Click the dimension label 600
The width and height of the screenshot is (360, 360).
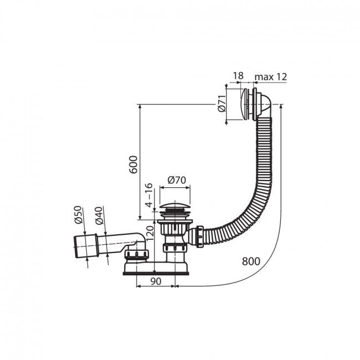click(x=133, y=164)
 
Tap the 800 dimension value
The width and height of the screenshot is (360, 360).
click(x=251, y=261)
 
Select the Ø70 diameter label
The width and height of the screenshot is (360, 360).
click(x=177, y=180)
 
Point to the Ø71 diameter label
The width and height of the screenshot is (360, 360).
click(x=222, y=103)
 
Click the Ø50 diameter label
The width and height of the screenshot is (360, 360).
click(x=78, y=215)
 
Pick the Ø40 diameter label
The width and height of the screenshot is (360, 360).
click(x=99, y=215)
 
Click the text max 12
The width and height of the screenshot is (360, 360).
click(x=271, y=76)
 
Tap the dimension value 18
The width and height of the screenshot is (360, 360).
click(x=238, y=76)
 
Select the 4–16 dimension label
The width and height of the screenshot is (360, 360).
click(x=149, y=195)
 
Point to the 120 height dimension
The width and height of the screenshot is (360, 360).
click(x=150, y=233)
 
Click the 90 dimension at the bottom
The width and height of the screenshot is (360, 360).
click(x=156, y=281)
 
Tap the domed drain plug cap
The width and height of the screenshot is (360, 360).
click(x=175, y=205)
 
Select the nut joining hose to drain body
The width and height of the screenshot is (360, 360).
click(x=200, y=236)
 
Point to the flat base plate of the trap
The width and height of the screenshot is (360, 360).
click(x=156, y=274)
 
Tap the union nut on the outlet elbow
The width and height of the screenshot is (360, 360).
click(x=137, y=255)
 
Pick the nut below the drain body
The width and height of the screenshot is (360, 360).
click(x=175, y=248)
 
